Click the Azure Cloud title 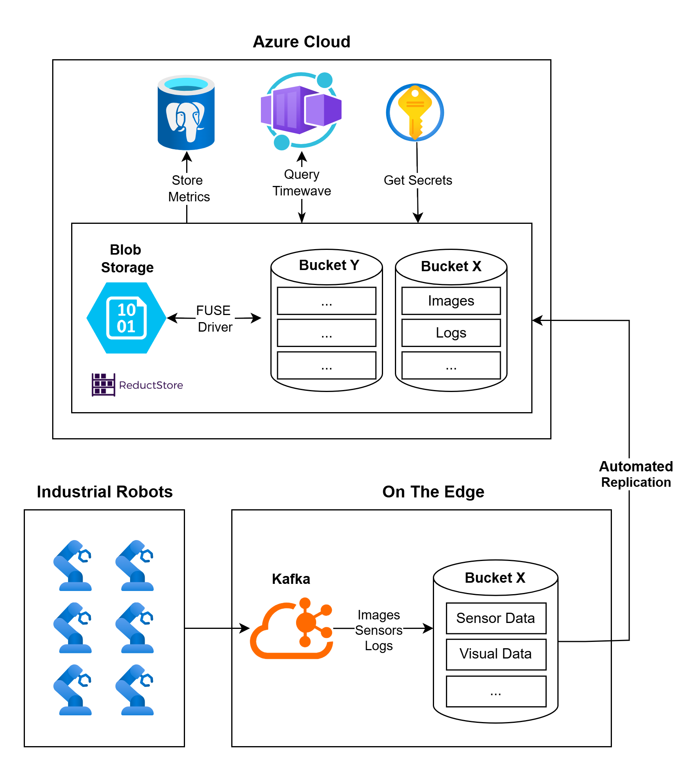(x=301, y=42)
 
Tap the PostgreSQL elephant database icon (x=186, y=113)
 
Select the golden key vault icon (x=415, y=113)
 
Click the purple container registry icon (x=301, y=111)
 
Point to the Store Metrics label (x=189, y=188)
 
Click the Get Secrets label (x=418, y=180)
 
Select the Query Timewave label (x=302, y=183)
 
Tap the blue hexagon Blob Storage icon (x=126, y=318)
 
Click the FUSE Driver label (x=214, y=319)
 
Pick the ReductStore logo (x=137, y=385)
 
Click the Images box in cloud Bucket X (x=451, y=301)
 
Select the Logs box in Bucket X (x=451, y=333)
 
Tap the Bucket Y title (x=329, y=265)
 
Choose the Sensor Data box (x=496, y=618)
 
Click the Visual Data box (x=496, y=654)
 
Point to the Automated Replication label (x=636, y=474)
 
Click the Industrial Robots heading (x=105, y=492)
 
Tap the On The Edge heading (x=433, y=492)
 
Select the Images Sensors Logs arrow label (x=379, y=630)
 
